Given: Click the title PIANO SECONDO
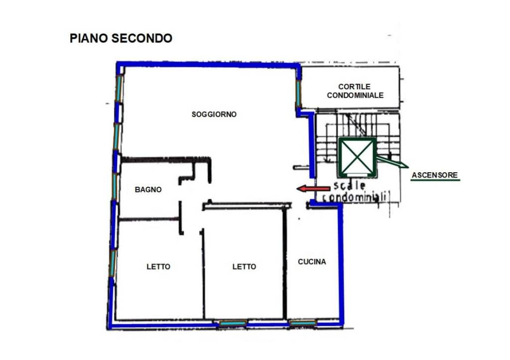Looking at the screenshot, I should pos(121,38).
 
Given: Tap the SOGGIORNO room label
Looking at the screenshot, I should pos(214,115).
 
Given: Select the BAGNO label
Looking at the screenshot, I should pos(148,190).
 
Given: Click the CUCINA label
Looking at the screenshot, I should pos(312,262).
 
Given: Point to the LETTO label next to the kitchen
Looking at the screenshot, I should pos(244,267).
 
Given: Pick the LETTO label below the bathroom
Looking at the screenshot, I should pos(158,267).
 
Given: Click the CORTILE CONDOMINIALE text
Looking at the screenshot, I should pos(355,91).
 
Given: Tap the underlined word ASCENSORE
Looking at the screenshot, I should pos(434,175).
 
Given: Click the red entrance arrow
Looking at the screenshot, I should pos(313,188).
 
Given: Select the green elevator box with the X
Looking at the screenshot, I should pos(357,157).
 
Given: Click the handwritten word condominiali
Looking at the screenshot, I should pos(355,198).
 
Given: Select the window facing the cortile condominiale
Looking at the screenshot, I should pos(298,93).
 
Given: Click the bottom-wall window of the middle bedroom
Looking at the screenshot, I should pos(233,324).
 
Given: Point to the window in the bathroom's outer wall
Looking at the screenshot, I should pos(115,185).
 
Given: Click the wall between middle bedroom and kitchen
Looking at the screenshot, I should pos(284,264).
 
